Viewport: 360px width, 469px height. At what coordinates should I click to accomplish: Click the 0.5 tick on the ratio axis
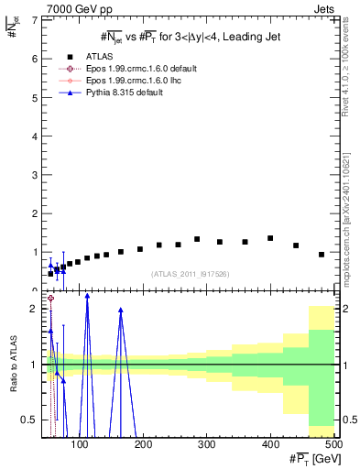tap(29, 420)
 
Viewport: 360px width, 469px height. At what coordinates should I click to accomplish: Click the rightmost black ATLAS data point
tap(322, 254)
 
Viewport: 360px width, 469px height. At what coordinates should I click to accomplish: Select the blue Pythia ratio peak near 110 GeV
tap(87, 296)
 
